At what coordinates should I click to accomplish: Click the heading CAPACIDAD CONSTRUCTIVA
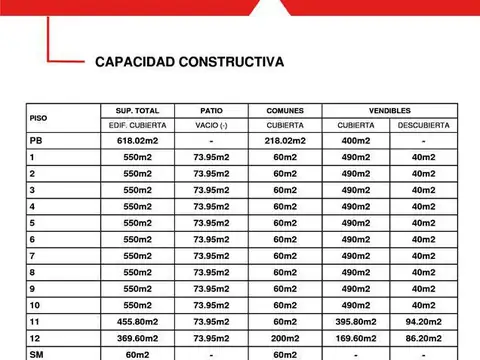189,62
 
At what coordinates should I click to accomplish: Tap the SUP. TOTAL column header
137,110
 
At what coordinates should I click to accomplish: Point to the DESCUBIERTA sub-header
423,125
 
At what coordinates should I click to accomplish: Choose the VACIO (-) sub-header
211,125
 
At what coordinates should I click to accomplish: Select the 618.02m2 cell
137,141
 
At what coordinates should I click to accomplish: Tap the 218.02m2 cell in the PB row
285,141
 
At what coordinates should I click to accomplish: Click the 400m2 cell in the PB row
356,141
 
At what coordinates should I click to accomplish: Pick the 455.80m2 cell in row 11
137,322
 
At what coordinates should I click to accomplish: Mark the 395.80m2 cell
356,322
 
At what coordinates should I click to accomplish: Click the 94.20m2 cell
423,322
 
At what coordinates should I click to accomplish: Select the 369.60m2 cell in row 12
137,338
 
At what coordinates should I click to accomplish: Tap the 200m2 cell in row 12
285,338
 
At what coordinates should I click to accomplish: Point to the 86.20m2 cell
423,338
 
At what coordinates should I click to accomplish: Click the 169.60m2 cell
356,338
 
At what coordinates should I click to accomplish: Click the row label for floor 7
33,256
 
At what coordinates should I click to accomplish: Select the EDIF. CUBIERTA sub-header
137,125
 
